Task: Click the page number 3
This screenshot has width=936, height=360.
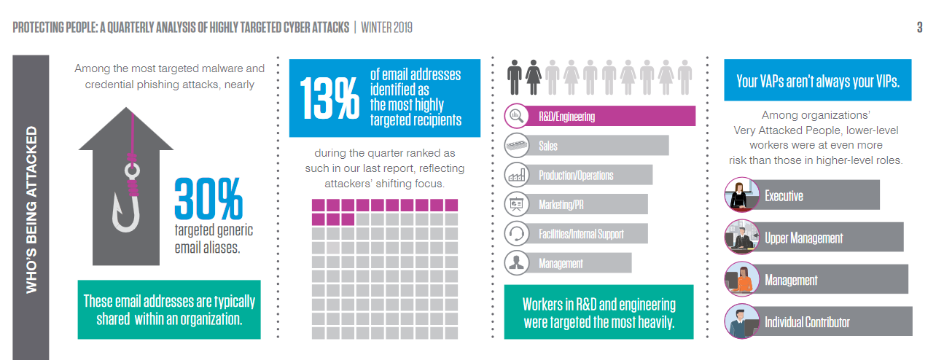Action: point(919,28)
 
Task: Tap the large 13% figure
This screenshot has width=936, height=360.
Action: point(329,98)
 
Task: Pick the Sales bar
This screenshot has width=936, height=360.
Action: point(598,146)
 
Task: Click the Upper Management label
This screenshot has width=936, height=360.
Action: point(803,238)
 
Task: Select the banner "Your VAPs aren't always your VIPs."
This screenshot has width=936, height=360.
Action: point(817,80)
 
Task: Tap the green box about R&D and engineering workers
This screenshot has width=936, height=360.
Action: point(598,313)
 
